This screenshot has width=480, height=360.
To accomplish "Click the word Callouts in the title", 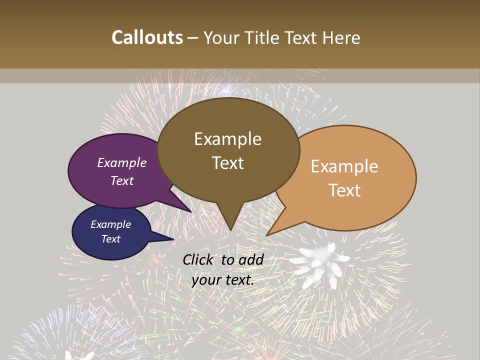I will pos(147,37).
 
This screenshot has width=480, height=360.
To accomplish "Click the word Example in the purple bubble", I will pos(121,162).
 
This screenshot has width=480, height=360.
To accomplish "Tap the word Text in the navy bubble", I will pos(110,239).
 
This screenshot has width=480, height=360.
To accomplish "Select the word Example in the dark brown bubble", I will pos(227,139).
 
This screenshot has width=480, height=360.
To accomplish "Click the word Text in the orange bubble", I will pos(345,190).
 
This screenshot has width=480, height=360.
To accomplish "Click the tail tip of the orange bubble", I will pos(267,235).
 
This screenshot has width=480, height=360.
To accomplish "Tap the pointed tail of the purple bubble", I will pos(190,211).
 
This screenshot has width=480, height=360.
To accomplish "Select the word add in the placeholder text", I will pos(250,259).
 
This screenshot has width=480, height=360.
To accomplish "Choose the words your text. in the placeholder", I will pos(222,280).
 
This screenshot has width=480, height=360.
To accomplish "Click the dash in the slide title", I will pos(193,38).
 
